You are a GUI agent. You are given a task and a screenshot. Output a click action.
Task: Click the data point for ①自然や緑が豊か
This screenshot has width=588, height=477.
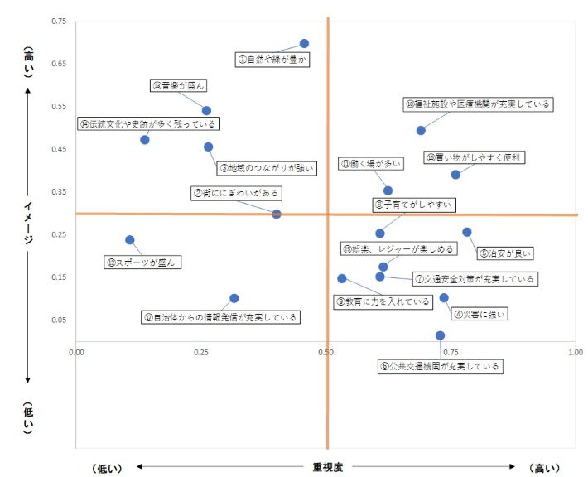point(304,43)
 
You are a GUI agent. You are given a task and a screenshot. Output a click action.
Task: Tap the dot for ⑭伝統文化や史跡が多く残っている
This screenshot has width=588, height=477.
point(145,139)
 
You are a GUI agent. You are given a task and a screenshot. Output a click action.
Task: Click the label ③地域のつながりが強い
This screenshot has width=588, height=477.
point(267,168)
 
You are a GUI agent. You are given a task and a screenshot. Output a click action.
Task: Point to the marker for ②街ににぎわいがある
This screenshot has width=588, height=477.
point(277,214)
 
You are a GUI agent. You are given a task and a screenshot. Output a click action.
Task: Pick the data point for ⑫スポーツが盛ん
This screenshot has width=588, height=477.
point(130,240)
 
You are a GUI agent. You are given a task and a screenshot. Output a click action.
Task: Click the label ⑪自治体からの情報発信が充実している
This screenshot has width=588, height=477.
point(220,316)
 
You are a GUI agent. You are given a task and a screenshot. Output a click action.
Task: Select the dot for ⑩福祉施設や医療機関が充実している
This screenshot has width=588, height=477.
point(421,130)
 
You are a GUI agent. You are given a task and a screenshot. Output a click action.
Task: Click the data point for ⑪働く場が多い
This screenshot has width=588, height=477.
point(388,190)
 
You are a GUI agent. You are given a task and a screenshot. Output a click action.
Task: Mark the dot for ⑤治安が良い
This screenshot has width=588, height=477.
point(467,232)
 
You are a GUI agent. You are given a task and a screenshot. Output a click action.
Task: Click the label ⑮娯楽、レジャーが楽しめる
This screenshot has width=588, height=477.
point(399,248)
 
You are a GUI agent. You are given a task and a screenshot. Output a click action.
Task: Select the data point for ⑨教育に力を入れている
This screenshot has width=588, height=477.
point(342,278)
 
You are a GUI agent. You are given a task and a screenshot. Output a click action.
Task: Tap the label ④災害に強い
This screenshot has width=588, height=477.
point(479,314)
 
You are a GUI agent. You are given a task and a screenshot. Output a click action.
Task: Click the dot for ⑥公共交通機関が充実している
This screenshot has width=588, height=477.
point(440,335)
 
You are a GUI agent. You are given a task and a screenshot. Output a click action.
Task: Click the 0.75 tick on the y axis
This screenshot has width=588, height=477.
point(59,21)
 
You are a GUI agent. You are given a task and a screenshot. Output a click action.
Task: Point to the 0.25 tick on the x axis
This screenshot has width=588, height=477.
point(201,352)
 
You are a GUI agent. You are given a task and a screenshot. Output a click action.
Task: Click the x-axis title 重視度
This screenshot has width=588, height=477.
point(328,467)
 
